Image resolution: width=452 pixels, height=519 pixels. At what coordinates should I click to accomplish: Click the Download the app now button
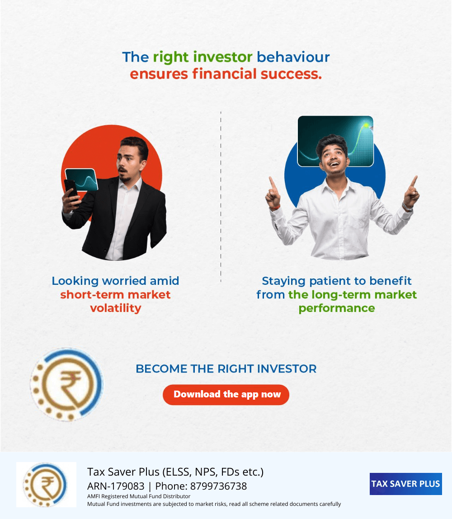coord(226,395)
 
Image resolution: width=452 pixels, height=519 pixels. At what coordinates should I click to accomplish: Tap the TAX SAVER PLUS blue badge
coord(406,484)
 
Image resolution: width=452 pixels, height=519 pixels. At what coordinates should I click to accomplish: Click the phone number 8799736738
coord(218,486)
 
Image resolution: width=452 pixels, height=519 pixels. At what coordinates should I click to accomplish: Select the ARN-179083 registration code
coord(116,486)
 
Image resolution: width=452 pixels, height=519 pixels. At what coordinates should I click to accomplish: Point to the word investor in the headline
coord(223,57)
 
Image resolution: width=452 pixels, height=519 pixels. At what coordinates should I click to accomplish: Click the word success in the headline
coord(291,74)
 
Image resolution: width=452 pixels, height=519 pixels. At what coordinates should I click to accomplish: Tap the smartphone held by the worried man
coord(71,190)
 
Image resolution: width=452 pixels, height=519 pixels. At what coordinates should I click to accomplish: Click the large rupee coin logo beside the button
coord(67,384)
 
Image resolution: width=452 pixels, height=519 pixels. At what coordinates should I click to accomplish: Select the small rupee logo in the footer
coord(46,485)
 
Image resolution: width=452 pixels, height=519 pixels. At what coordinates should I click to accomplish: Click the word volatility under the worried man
coord(115,308)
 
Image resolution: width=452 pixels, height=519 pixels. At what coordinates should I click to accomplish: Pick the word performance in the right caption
coord(337,308)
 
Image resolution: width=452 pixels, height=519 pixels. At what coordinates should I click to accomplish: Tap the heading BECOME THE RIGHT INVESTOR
coord(226,369)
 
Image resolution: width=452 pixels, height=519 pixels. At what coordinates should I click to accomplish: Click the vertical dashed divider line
coord(221,197)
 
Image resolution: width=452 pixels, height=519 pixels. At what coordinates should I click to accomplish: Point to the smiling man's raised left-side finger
coord(272,183)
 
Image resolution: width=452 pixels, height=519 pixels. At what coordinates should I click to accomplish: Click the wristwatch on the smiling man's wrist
coord(407,208)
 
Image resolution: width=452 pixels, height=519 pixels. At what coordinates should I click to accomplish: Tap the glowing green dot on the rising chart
coord(366,125)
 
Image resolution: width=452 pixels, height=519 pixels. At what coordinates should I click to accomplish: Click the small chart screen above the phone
coord(81,180)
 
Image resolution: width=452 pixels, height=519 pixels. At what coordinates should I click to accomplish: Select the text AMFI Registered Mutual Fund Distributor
coord(139,496)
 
